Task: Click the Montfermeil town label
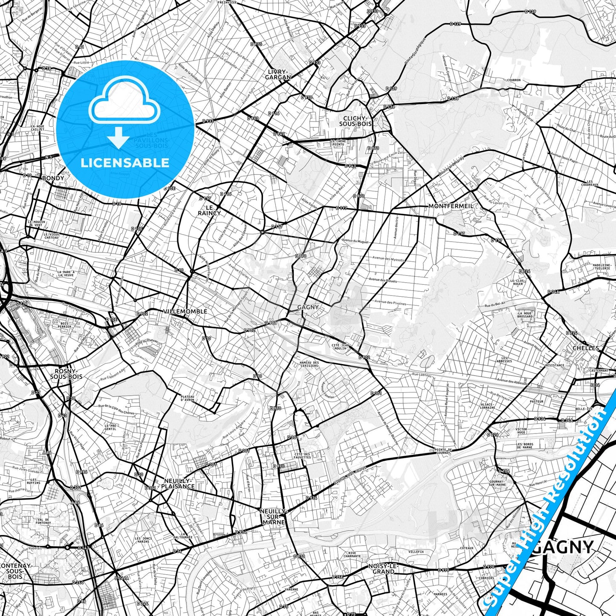coord(451,206)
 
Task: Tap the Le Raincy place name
coord(209,210)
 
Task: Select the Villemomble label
coord(185,312)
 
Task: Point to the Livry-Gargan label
coord(278,75)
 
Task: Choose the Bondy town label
coord(53,178)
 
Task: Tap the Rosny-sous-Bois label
coord(66,374)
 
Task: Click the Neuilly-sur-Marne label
coord(274,516)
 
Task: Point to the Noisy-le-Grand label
coord(383,569)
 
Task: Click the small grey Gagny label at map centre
coord(308,307)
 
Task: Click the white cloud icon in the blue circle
coord(124,104)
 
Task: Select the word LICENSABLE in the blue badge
coord(124,162)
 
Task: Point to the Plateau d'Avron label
coord(187,398)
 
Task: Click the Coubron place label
coord(514,80)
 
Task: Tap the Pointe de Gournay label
coord(442,451)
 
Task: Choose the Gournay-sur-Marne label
coord(497,483)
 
